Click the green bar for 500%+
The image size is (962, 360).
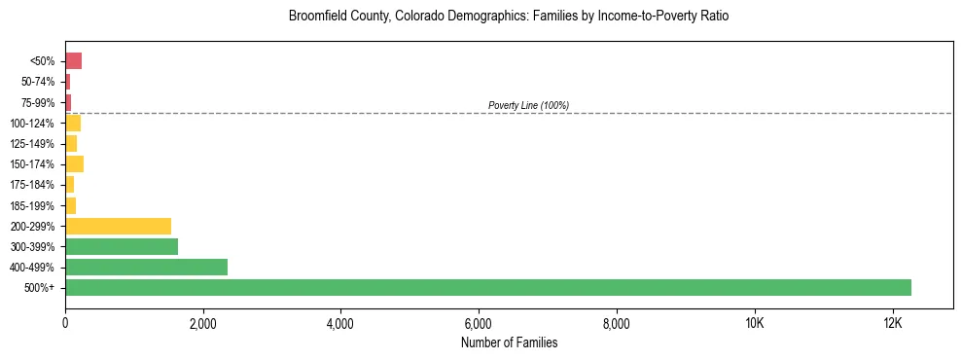(x=487, y=287)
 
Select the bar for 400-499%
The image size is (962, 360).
(x=146, y=267)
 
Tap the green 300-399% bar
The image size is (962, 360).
(x=122, y=246)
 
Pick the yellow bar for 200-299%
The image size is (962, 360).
(x=118, y=226)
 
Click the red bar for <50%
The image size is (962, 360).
(x=73, y=61)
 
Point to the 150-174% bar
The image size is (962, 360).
(x=74, y=163)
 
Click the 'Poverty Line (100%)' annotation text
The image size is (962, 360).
(x=528, y=105)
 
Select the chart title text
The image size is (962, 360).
(x=509, y=17)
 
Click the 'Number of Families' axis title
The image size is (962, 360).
(x=509, y=342)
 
